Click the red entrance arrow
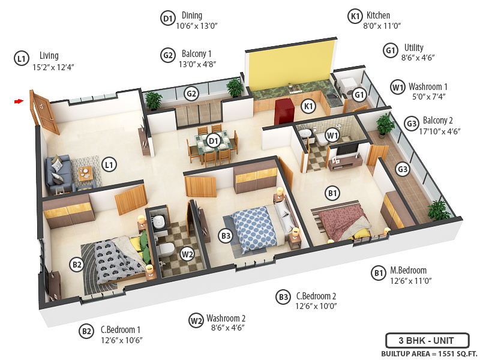19,101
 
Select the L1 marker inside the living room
109,163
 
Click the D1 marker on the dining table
213,141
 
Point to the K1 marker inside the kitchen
308,107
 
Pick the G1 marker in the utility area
359,94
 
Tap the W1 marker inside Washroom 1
332,136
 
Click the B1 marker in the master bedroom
332,193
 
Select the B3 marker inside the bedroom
225,236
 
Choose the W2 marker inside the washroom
188,254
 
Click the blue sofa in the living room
58,173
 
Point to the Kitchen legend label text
378,16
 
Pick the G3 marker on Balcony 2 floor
402,170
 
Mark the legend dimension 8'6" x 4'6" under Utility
418,58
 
